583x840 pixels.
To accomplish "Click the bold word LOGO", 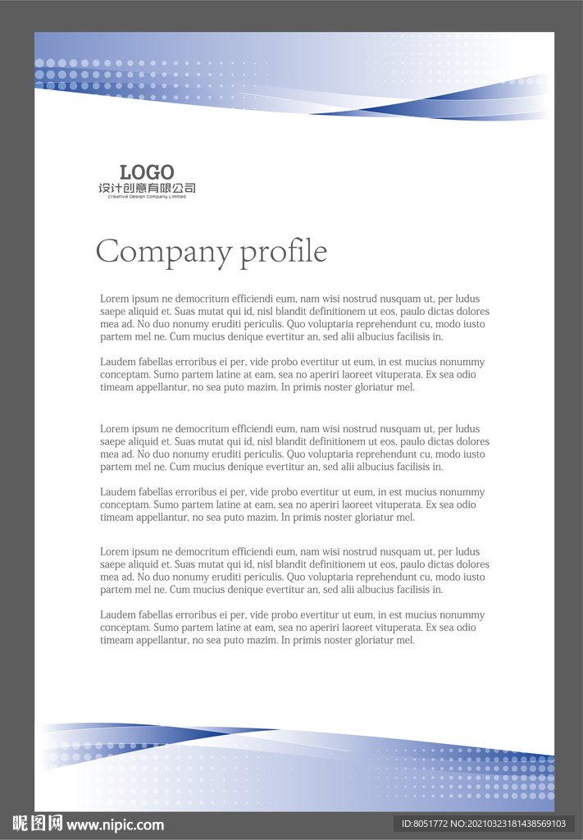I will click(147, 172).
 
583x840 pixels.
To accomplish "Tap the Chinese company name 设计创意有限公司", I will click(147, 189).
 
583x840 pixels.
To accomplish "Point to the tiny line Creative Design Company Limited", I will click(147, 197).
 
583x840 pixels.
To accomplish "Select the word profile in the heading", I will click(284, 252).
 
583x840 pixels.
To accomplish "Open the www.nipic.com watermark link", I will click(115, 825).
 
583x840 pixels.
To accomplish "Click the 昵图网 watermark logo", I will click(37, 824).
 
